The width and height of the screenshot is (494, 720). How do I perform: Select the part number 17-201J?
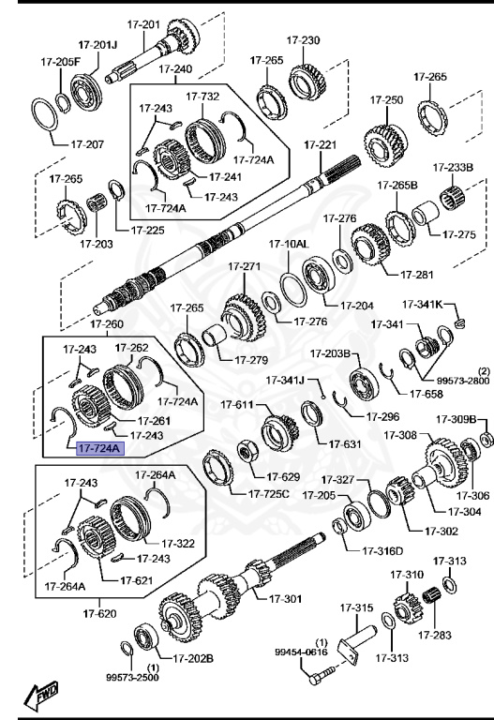pyautogui.click(x=97, y=44)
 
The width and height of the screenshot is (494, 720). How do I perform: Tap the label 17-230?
pyautogui.click(x=304, y=40)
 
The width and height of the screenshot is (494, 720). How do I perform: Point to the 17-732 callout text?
pyautogui.click(x=202, y=96)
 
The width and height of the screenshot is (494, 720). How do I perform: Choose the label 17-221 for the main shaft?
pyautogui.click(x=320, y=145)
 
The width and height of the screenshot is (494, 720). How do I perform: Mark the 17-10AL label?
pyautogui.click(x=289, y=244)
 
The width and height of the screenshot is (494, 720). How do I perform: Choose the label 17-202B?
pyautogui.click(x=195, y=657)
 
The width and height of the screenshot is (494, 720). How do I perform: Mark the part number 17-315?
pyautogui.click(x=356, y=608)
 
